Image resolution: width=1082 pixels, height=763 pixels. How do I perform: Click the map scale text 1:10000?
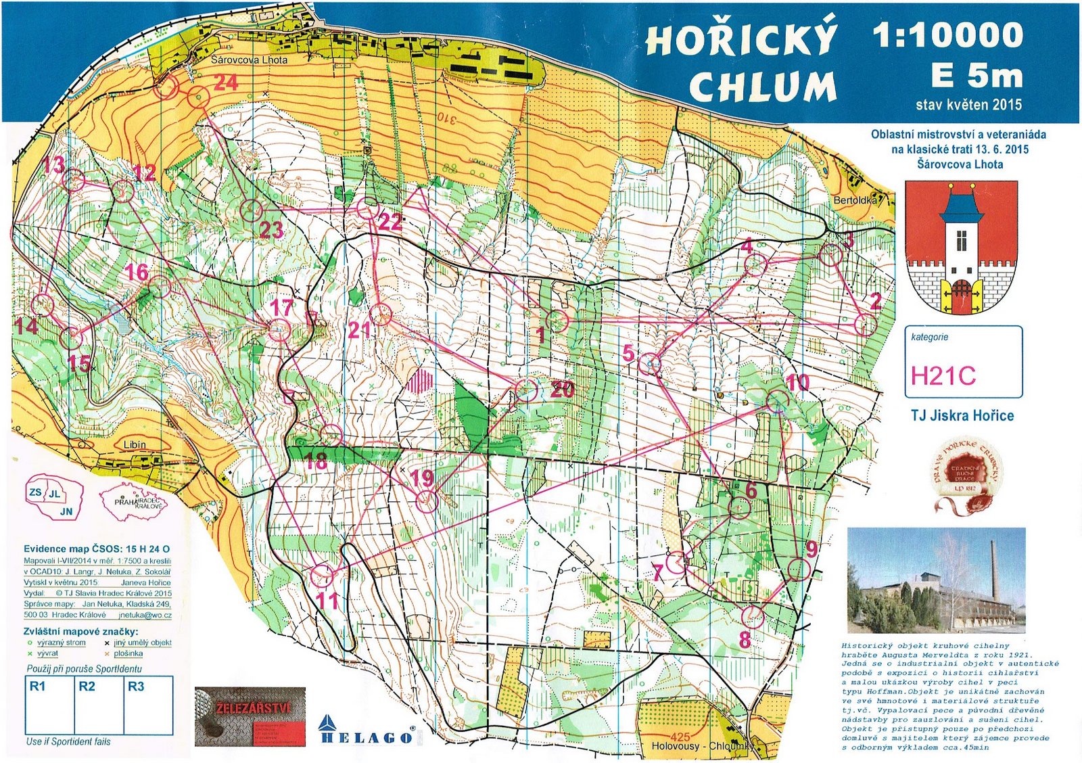(x=947, y=35)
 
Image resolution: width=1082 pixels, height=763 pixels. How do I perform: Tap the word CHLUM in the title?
(x=762, y=87)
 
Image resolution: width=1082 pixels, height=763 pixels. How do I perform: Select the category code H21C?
(x=943, y=375)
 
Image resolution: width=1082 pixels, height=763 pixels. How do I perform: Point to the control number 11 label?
(x=327, y=600)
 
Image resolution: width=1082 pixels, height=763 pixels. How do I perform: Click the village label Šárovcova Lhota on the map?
(x=249, y=60)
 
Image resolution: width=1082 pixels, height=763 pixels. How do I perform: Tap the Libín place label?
(x=135, y=444)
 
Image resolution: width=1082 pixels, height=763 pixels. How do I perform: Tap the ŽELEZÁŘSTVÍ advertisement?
(x=250, y=716)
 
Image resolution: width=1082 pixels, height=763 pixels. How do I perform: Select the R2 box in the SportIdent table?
(x=98, y=703)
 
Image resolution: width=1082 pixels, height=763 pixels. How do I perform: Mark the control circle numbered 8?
(x=753, y=616)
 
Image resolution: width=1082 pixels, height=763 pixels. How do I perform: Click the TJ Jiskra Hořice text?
(x=962, y=415)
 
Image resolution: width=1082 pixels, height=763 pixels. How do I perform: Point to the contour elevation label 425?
(x=680, y=737)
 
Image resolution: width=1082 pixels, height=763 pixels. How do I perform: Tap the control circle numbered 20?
(x=527, y=390)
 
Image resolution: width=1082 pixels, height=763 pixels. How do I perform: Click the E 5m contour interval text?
(x=976, y=76)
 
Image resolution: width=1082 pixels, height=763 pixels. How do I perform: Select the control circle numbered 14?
(x=43, y=304)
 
